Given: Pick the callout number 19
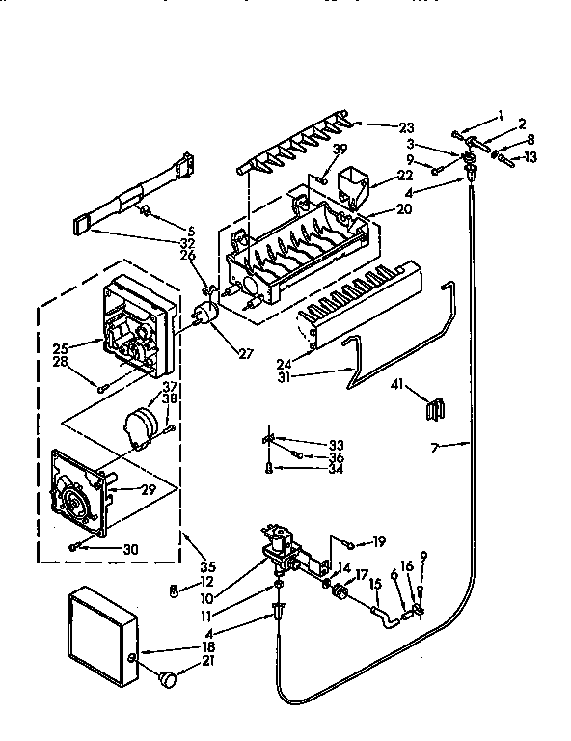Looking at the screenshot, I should click(x=379, y=541).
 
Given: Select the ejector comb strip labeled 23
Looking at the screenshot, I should click(x=289, y=151).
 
